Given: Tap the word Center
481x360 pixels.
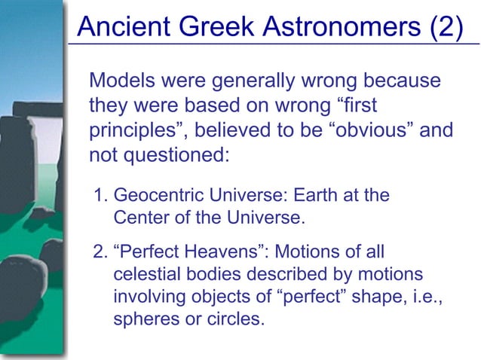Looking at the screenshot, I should (x=139, y=218).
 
